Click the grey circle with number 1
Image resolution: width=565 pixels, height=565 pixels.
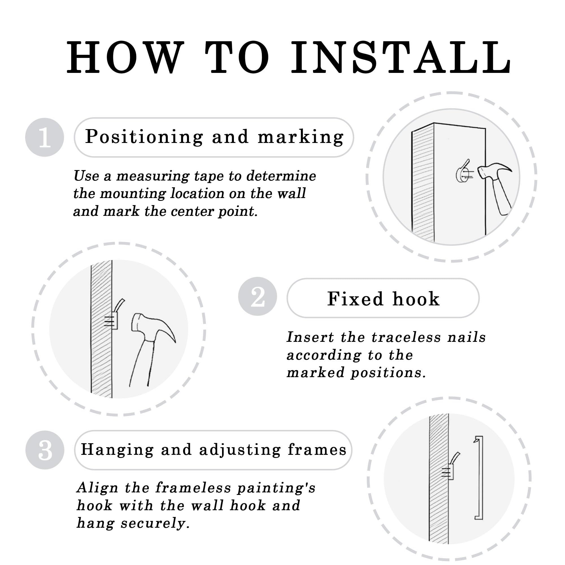pyautogui.click(x=44, y=138)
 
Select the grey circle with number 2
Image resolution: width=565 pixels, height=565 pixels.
pyautogui.click(x=257, y=296)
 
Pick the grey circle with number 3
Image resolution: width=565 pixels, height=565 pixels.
pyautogui.click(x=44, y=450)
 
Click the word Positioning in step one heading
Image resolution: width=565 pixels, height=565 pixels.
pyautogui.click(x=144, y=137)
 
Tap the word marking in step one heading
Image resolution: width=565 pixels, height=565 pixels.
pyautogui.click(x=300, y=137)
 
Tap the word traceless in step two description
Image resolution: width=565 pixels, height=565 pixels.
pyautogui.click(x=406, y=337)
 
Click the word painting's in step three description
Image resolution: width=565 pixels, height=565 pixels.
pyautogui.click(x=276, y=488)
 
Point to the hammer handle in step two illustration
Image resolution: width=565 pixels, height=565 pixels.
pyautogui.click(x=142, y=364)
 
